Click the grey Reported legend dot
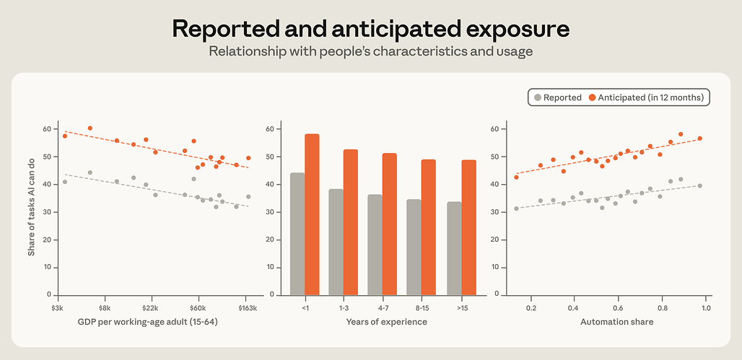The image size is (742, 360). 537,98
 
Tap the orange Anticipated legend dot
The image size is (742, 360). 592,98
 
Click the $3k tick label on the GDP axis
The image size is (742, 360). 58,309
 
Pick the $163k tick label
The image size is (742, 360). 245,309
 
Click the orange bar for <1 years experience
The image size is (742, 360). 312,214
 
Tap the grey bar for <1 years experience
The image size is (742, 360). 297,234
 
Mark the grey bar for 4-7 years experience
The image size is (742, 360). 375,245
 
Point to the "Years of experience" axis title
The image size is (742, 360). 387,322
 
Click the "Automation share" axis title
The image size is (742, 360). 617,322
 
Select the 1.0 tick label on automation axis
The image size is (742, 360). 706,309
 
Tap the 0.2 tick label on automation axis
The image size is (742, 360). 531,309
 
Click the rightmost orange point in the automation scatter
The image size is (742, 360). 700,139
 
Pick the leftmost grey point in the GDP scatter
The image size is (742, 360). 65,182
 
